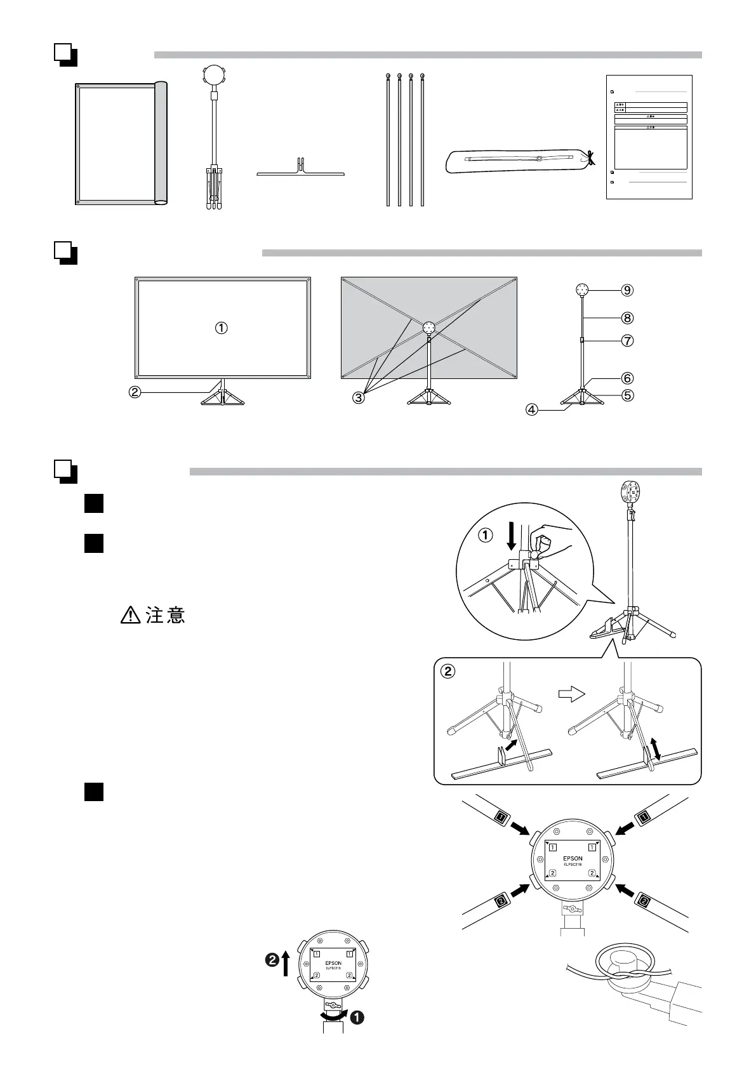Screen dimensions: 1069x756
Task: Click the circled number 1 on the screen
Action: pos(221,328)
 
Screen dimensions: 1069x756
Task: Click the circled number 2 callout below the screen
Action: pos(135,392)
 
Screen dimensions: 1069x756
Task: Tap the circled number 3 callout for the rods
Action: pos(359,398)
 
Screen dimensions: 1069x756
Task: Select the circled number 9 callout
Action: pos(627,290)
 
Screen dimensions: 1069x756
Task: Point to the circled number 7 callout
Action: pos(627,341)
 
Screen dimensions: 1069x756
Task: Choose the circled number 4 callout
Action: pos(532,409)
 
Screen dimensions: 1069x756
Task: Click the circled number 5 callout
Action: pos(627,395)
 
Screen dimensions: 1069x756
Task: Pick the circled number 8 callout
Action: pos(627,317)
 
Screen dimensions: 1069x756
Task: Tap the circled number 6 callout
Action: pos(627,378)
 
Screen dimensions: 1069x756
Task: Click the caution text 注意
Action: pos(166,615)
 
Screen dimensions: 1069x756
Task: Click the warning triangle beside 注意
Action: pos(129,615)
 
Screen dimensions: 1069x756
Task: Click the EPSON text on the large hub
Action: pos(573,858)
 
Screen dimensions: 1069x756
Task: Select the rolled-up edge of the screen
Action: pos(161,143)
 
